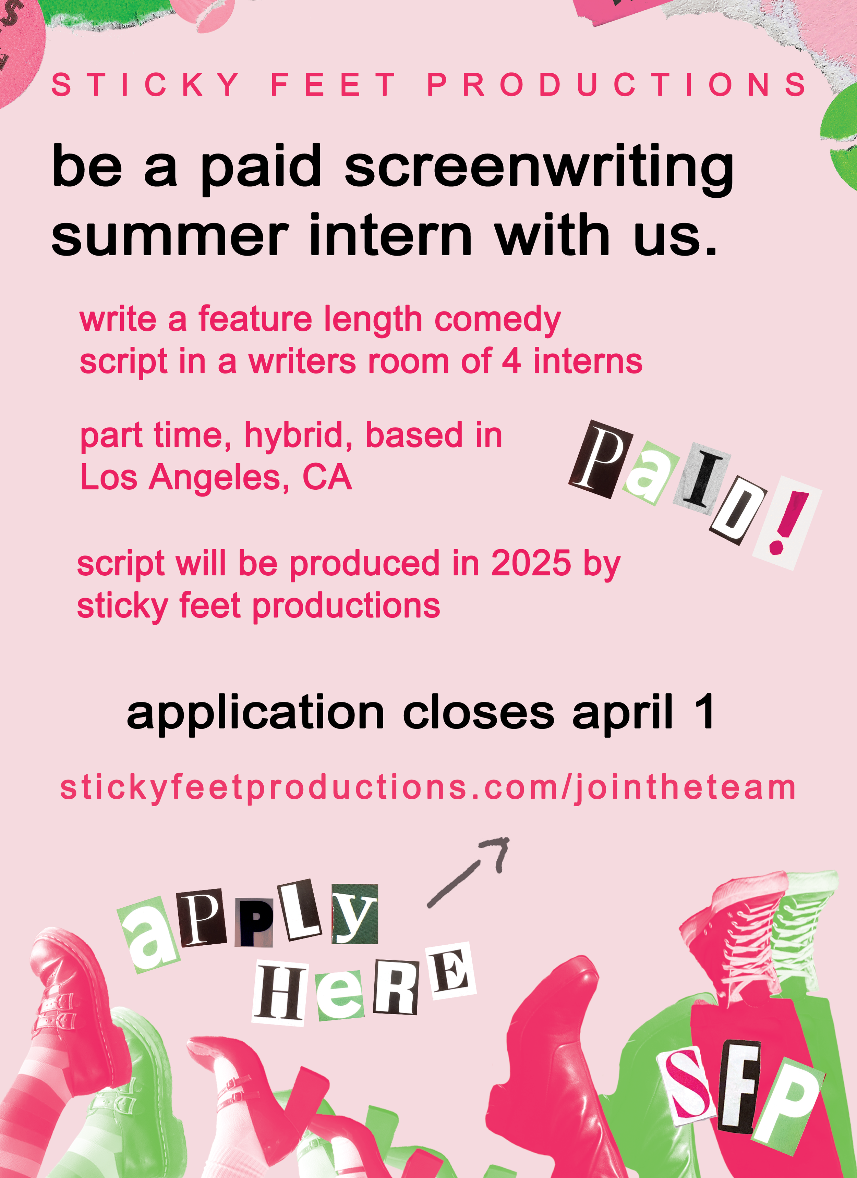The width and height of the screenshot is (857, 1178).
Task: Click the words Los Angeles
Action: [179, 477]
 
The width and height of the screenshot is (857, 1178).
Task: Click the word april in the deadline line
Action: [623, 713]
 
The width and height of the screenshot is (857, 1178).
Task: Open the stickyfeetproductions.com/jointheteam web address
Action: [428, 787]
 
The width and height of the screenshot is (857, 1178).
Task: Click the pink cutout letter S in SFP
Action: [690, 1084]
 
